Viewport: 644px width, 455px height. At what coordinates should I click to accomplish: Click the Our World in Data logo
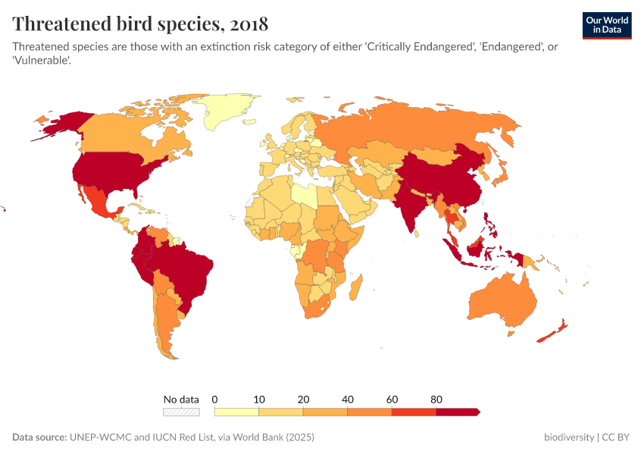point(606,25)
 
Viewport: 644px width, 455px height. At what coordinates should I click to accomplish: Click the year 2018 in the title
point(242,24)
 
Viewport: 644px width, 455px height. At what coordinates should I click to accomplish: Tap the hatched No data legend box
point(181,412)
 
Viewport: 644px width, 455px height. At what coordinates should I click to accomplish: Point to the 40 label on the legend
point(348,399)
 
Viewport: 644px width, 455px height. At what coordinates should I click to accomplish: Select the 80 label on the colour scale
point(436,399)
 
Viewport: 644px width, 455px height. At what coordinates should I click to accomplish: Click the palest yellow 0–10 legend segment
point(236,412)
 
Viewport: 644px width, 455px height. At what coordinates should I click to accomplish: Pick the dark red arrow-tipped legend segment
point(458,412)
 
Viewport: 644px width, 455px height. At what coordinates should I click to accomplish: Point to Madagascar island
point(355,288)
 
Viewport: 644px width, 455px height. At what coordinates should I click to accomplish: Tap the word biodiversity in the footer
point(568,438)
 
